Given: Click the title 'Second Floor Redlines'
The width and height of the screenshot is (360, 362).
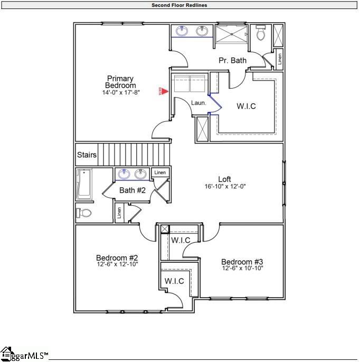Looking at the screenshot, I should (179, 5).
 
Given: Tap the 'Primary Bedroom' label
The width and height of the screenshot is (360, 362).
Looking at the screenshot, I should (120, 82).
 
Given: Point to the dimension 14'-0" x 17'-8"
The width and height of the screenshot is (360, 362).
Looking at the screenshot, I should (120, 93).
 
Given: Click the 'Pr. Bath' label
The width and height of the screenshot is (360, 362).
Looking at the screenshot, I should (232, 60).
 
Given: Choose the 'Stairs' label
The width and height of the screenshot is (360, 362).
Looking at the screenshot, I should (87, 155).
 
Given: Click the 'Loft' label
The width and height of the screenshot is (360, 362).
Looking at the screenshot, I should (225, 179).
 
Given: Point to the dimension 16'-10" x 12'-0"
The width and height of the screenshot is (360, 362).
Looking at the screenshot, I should (225, 187).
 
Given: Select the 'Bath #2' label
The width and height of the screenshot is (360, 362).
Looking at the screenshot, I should (132, 190).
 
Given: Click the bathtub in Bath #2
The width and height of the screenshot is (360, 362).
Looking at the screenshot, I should (84, 184).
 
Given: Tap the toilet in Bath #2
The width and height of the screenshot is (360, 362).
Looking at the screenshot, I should (84, 213).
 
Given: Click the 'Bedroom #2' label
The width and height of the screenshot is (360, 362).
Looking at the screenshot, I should (117, 258).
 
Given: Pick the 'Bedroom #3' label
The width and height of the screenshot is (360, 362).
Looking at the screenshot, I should (242, 262).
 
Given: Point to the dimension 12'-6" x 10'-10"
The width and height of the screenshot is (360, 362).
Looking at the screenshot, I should (242, 269).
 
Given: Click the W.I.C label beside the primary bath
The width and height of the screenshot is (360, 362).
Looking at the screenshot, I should (246, 106).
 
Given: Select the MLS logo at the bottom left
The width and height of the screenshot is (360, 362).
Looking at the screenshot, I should (24, 354).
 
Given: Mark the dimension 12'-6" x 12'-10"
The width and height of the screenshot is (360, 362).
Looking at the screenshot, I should (117, 264).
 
